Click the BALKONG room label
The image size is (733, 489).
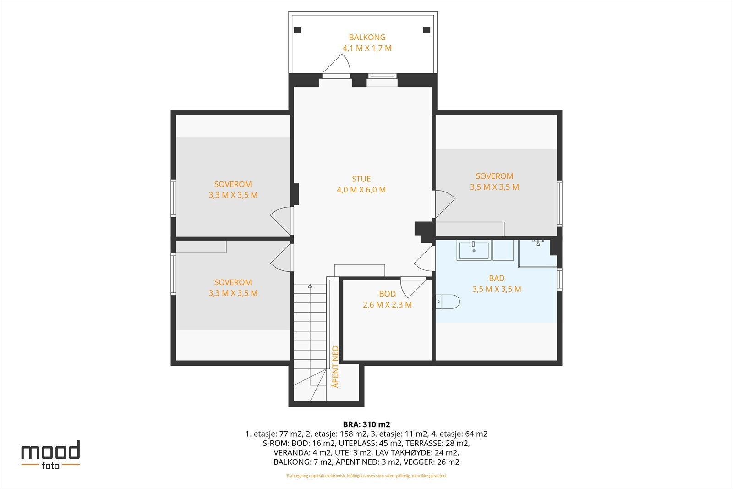click(x=367, y=37)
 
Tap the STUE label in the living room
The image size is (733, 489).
click(x=361, y=179)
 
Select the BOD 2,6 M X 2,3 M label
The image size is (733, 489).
click(x=387, y=299)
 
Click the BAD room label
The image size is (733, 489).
click(x=497, y=278)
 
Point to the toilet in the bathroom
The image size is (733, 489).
click(x=448, y=302)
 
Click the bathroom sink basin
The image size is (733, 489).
click(x=474, y=251)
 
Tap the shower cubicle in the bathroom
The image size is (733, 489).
click(x=537, y=253)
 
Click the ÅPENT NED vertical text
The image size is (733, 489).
click(x=335, y=367)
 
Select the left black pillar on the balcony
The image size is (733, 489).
click(x=297, y=30)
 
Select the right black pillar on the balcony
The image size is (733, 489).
click(x=427, y=30)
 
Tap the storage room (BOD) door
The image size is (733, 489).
click(x=413, y=287)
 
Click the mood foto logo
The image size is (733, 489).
click(x=50, y=455)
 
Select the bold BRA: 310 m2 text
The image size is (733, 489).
click(x=366, y=424)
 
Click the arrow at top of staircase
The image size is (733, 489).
click(x=310, y=286)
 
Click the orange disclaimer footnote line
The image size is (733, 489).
click(x=366, y=476)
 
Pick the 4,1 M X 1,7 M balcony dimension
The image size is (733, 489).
click(x=367, y=49)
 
